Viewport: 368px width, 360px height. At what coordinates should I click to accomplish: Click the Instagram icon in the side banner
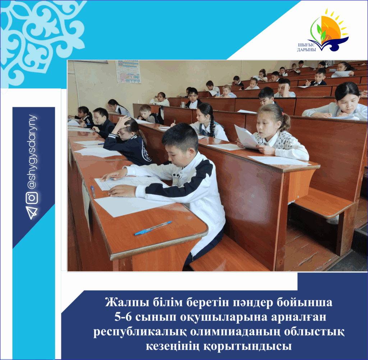pyautogui.click(x=32, y=198)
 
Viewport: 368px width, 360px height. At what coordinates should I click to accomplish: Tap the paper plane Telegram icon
pyautogui.click(x=32, y=213)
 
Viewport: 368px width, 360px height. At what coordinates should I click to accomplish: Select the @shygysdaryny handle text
pyautogui.click(x=32, y=152)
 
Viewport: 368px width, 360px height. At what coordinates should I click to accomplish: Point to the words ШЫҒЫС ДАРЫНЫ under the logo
pyautogui.click(x=307, y=47)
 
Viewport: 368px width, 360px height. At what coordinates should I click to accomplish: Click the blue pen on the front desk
pyautogui.click(x=153, y=228)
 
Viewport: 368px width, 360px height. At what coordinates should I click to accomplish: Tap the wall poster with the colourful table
pyautogui.click(x=128, y=72)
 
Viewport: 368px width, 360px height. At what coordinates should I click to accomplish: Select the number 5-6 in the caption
pyautogui.click(x=123, y=317)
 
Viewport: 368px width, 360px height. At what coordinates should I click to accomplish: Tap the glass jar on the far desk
pyautogui.click(x=183, y=104)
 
